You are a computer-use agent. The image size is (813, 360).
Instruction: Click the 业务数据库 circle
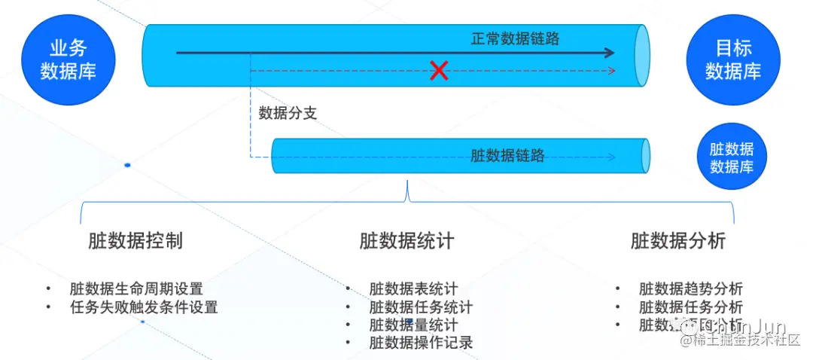[69, 60]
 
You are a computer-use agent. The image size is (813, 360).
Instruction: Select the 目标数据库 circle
[732, 60]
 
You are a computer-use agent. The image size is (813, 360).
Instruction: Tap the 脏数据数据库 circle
[732, 157]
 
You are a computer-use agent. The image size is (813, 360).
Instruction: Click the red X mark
[439, 71]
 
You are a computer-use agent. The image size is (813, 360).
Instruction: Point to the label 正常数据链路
[516, 38]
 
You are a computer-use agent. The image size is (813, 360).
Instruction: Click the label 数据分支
[288, 114]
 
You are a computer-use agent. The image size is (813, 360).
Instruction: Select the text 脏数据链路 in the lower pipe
[507, 156]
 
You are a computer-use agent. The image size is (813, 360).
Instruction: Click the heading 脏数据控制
[135, 241]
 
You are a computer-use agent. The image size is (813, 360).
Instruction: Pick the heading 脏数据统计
[406, 241]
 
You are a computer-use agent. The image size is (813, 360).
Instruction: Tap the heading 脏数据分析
[678, 241]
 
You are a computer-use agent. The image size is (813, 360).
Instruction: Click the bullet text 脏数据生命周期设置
[136, 288]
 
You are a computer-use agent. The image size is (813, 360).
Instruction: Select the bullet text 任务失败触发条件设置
[143, 307]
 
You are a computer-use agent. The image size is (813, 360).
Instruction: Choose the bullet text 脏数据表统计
[413, 288]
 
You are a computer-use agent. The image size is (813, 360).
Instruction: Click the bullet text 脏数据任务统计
[421, 307]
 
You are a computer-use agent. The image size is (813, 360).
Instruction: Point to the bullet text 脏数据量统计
[413, 325]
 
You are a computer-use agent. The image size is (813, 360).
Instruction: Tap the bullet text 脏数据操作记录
[421, 343]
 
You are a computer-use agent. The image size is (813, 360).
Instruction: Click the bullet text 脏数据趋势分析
[690, 288]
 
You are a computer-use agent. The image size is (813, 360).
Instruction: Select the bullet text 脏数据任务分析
[690, 307]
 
